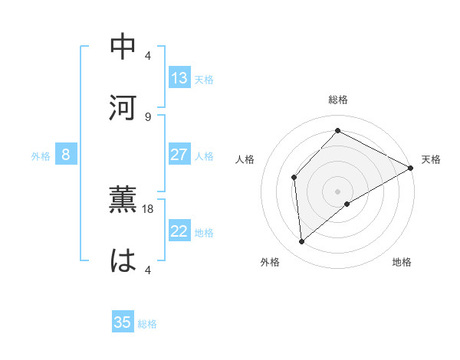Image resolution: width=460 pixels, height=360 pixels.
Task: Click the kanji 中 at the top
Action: click(123, 47)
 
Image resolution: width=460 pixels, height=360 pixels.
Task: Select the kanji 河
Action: click(123, 108)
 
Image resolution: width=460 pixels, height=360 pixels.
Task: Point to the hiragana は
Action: click(123, 260)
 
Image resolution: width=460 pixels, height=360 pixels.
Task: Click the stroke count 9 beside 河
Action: click(148, 116)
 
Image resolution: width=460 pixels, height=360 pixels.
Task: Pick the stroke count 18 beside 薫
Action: click(148, 208)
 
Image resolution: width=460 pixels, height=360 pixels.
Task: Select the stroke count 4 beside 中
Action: click(148, 55)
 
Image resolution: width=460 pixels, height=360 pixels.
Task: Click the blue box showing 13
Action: click(179, 78)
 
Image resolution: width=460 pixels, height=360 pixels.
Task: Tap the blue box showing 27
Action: click(179, 155)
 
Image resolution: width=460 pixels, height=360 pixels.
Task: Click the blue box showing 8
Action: click(66, 155)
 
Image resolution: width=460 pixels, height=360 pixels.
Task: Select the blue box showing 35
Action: click(123, 322)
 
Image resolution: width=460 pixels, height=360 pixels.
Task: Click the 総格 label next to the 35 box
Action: click(148, 324)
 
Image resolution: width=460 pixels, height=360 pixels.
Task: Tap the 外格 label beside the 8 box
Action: click(41, 156)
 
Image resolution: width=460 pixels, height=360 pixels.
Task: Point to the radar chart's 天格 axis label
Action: click(431, 159)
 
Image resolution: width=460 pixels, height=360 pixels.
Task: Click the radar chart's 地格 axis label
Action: click(402, 263)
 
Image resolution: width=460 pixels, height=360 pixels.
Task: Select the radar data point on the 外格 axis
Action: click(302, 242)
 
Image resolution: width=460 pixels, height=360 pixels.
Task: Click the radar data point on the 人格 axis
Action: click(294, 178)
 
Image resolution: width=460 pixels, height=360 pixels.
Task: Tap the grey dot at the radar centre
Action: click(338, 191)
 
